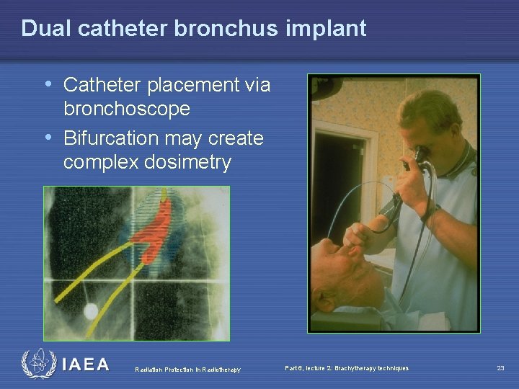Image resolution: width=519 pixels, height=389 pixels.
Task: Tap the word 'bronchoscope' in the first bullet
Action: pos(127,109)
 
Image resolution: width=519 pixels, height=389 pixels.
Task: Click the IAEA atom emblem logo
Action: pos(38,364)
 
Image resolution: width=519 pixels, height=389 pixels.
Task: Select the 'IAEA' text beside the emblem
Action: pos(86,365)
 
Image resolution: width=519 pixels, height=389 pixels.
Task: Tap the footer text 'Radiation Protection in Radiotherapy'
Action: pos(188,370)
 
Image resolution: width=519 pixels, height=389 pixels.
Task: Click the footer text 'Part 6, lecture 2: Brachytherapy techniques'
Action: pos(347,368)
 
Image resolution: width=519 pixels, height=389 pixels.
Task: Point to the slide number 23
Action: pos(500,368)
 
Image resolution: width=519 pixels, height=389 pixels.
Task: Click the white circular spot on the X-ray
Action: pos(92,311)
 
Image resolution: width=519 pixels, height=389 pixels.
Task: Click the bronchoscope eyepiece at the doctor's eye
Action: pos(417,156)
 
